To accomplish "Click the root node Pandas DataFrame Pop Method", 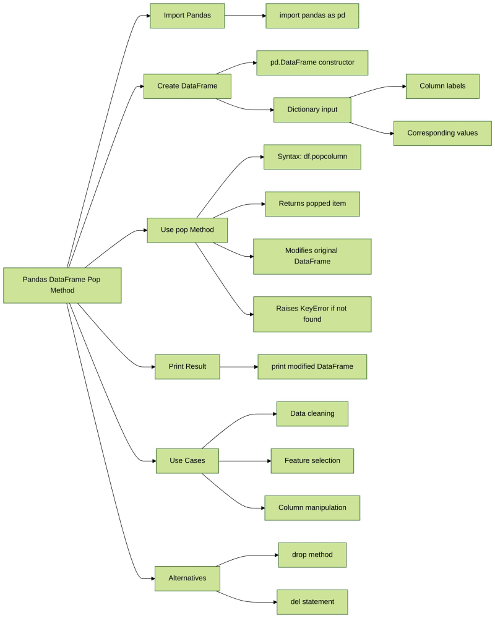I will pyautogui.click(x=62, y=285).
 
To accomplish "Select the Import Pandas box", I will pyautogui.click(x=187, y=15).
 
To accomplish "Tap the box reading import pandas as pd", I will pyautogui.click(x=312, y=15).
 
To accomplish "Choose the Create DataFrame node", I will pyautogui.click(x=187, y=86).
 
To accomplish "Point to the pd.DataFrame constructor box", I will pyautogui.click(x=312, y=62).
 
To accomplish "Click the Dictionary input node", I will pyautogui.click(x=312, y=109).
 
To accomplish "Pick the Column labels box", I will pyautogui.click(x=442, y=86).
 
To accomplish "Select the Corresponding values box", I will pyautogui.click(x=442, y=133).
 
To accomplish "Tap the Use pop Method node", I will pyautogui.click(x=187, y=230).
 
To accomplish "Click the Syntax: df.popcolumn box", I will pyautogui.click(x=312, y=157).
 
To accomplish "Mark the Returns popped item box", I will pyautogui.click(x=312, y=204).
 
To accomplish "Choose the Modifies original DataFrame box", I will pyautogui.click(x=312, y=256).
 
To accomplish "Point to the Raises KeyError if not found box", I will pyautogui.click(x=312, y=314).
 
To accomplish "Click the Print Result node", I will pyautogui.click(x=187, y=366).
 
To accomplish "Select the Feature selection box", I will pyautogui.click(x=312, y=461).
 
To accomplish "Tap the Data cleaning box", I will pyautogui.click(x=312, y=414).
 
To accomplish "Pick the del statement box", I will pyautogui.click(x=312, y=602).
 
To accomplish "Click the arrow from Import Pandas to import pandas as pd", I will pyautogui.click(x=244, y=15).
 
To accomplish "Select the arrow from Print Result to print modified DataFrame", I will pyautogui.click(x=238, y=366).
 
